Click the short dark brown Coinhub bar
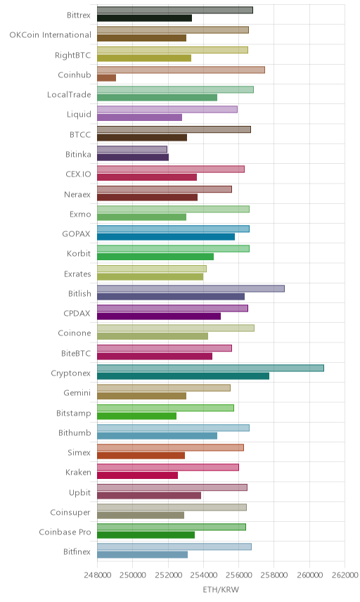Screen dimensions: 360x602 coord(106,78)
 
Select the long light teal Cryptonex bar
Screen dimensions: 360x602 coord(210,369)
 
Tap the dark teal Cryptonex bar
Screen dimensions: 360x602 coord(183,376)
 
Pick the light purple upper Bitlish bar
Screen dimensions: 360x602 coord(191,289)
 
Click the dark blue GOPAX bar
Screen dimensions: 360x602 coord(166,237)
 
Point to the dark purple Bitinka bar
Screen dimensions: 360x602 coord(133,158)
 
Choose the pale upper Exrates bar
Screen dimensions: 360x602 coord(152,269)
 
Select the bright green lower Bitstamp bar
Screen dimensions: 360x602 coord(136,416)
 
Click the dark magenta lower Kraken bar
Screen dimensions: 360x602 coord(137,475)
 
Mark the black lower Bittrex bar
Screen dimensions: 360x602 coord(144,18)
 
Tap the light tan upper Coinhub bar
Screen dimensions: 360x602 coord(181,70)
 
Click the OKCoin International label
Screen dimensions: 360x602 coord(51,35)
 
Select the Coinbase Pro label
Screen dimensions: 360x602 coord(65,532)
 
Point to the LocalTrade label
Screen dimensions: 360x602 coord(69,94)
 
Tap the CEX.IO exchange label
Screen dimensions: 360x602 coord(78,174)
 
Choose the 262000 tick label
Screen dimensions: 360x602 coord(345,575)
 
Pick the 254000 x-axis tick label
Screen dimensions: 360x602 coord(203,575)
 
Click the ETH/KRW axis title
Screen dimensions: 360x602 coord(221,590)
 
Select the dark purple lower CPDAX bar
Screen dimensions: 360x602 coord(159,316)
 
